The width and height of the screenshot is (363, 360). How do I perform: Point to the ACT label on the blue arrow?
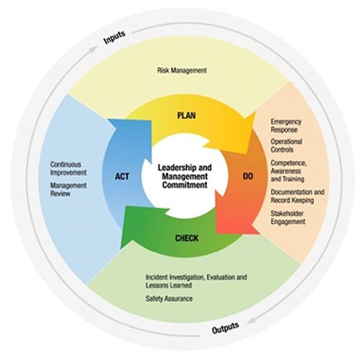(x=123, y=177)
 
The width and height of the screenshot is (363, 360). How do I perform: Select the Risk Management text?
(x=182, y=69)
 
